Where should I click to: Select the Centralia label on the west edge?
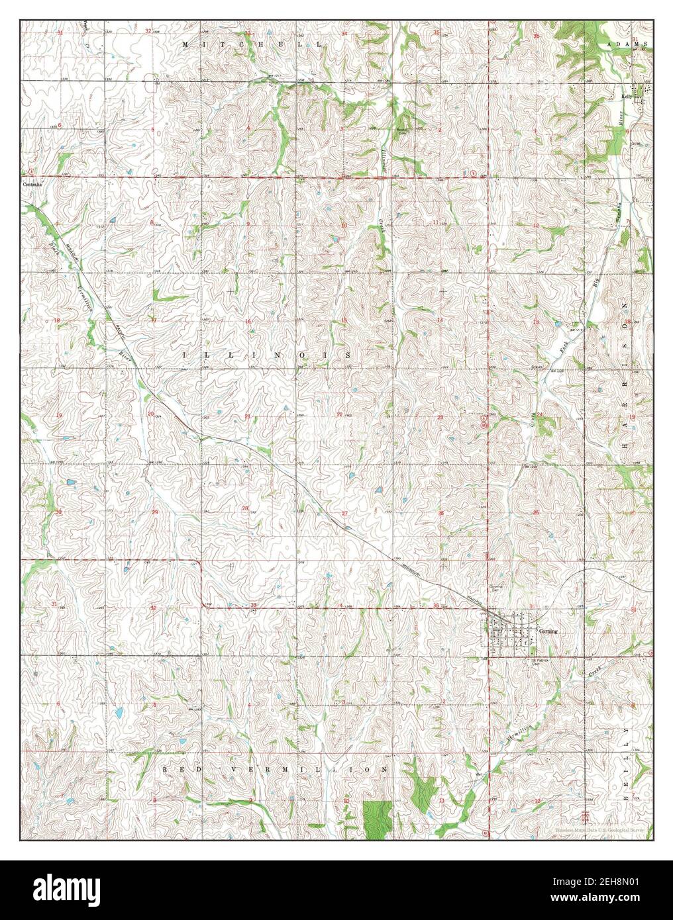tap(31, 184)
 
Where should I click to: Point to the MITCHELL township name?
tap(253, 44)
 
